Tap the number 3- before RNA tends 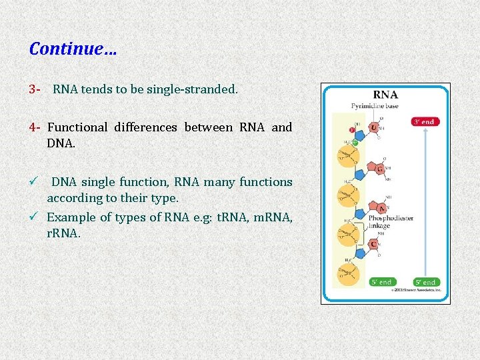(36, 89)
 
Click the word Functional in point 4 (77, 127)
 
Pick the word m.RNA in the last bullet (275, 217)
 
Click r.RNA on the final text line (63, 233)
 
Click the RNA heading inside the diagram (385, 95)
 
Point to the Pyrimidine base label (375, 107)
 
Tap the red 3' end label (425, 121)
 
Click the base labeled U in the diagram (375, 127)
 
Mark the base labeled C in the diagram (374, 245)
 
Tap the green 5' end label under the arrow (425, 282)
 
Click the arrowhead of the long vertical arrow (425, 132)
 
